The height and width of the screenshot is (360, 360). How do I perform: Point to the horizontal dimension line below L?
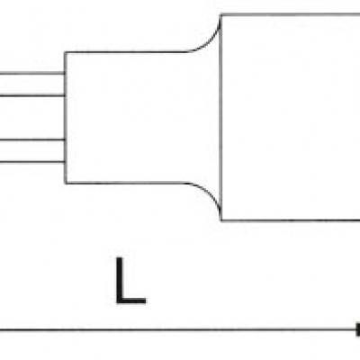click(x=177, y=329)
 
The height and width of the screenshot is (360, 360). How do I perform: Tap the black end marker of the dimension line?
click(x=357, y=329)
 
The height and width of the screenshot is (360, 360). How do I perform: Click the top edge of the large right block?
click(x=291, y=14)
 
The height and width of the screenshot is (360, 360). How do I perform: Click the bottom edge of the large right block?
click(x=291, y=220)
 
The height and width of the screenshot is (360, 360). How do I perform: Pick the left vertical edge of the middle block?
click(x=65, y=118)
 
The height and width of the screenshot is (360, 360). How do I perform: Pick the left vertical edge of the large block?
click(x=221, y=118)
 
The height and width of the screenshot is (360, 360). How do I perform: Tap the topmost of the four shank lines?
click(x=32, y=73)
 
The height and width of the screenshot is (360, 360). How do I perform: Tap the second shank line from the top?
click(x=32, y=95)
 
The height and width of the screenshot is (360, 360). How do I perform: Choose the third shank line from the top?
click(x=32, y=139)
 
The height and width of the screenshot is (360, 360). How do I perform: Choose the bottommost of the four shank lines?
click(x=32, y=162)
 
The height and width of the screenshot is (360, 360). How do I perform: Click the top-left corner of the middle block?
click(x=65, y=53)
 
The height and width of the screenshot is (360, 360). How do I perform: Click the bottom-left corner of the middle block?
click(x=66, y=183)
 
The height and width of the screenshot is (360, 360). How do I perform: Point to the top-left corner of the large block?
click(x=221, y=14)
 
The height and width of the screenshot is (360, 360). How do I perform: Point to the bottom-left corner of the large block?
click(x=221, y=220)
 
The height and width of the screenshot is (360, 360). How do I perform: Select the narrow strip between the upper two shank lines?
click(x=32, y=85)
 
